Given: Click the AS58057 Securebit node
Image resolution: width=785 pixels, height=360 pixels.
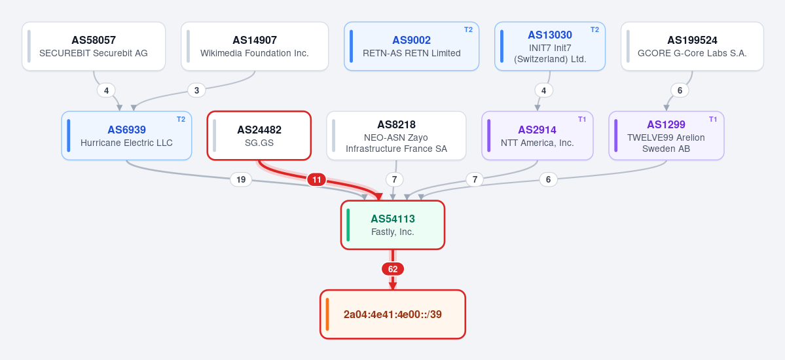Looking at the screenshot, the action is coord(94,46).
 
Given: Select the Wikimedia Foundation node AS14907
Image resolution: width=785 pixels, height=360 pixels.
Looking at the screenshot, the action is coord(255,46).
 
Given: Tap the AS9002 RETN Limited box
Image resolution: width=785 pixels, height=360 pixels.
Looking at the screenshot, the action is coord(412,46).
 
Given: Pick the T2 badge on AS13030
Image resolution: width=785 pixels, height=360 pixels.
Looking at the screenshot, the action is coord(594,29).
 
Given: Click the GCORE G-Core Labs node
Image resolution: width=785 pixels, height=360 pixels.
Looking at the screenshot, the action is coord(693,46).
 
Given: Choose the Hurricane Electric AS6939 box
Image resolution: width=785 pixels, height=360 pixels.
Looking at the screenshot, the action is coord(126,135).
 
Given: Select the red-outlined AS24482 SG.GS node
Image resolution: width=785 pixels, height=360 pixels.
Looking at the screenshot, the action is coord(259,135).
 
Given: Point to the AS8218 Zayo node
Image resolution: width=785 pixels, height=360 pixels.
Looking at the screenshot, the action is coord(397,135).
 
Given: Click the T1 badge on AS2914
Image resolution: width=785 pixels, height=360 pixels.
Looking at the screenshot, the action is coord(582,119).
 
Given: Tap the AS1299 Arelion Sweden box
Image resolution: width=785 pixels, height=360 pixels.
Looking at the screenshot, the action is coord(666,135).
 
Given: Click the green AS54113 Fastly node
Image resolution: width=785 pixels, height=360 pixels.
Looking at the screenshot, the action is coord(393,225).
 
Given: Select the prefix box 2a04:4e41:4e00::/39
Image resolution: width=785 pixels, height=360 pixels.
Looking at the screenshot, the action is coord(393,314).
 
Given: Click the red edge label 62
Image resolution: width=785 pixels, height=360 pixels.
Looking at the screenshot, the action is coord(393,270).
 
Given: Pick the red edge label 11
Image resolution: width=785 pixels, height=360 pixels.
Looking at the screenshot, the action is coord(316,180).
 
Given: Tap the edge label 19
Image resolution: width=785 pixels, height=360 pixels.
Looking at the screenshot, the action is coord(241,180).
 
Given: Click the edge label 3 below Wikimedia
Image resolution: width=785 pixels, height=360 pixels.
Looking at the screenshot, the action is coord(197,90).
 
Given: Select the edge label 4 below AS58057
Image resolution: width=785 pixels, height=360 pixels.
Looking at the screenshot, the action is coord(106,90).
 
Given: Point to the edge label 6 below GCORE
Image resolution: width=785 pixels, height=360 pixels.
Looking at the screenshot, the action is coord(680,90).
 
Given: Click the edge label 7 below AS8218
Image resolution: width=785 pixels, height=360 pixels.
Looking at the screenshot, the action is coord(395,180).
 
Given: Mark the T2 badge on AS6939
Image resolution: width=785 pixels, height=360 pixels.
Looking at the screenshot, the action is coord(181,119).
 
